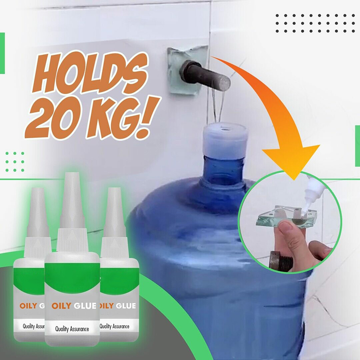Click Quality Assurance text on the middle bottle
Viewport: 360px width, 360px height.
[x=72, y=329]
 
